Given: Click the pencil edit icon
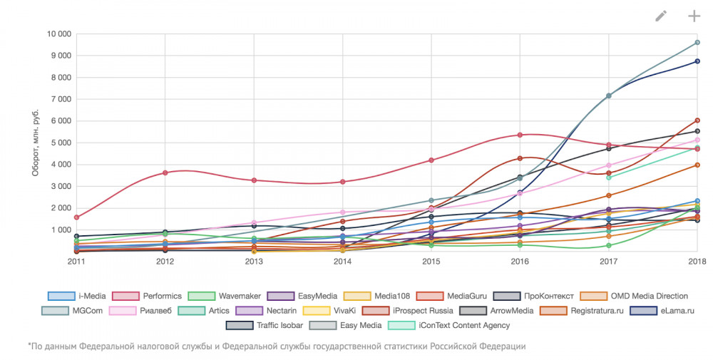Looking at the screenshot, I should click(x=661, y=16).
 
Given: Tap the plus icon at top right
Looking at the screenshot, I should click(x=694, y=16).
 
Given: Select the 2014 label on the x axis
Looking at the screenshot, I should click(x=343, y=262).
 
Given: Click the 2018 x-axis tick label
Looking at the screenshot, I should click(x=697, y=262).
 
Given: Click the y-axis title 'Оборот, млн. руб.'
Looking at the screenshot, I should click(x=36, y=143).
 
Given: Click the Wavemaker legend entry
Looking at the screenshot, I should click(x=227, y=296).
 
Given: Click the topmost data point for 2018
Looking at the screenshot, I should click(x=697, y=43).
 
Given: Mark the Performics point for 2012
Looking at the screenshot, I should click(x=165, y=173).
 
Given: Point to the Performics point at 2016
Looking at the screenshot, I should click(x=520, y=135).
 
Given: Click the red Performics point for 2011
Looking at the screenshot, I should click(x=76, y=217).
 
